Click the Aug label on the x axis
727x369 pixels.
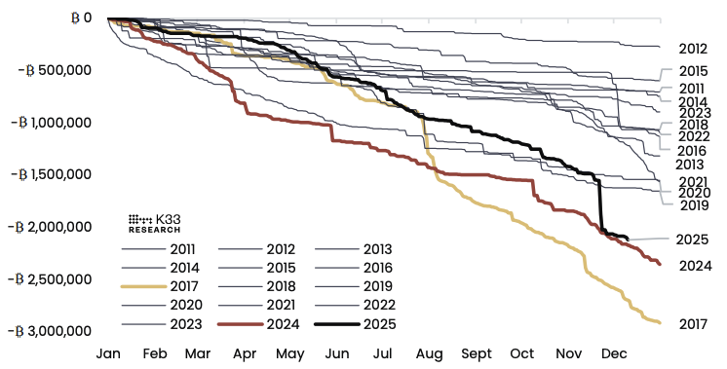pyautogui.click(x=430, y=353)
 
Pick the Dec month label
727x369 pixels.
pyautogui.click(x=614, y=353)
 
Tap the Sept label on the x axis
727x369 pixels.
pyautogui.click(x=477, y=353)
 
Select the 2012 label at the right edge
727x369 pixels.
pyautogui.click(x=693, y=48)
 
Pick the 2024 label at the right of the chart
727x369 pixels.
pyautogui.click(x=693, y=265)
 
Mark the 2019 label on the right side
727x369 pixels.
pyautogui.click(x=693, y=205)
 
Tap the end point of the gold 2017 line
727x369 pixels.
pyautogui.click(x=661, y=322)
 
